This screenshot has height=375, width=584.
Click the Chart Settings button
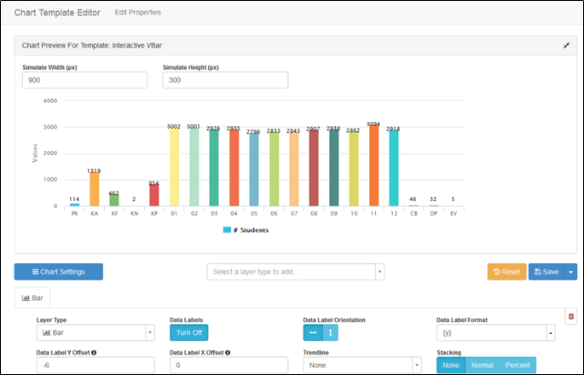[59, 272]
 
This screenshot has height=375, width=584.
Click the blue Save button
[545, 272]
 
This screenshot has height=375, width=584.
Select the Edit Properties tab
[137, 12]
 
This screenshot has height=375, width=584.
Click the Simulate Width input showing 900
[84, 80]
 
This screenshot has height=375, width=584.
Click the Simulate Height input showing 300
[225, 80]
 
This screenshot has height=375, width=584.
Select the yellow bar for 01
[174, 168]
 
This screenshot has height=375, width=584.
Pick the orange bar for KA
[94, 189]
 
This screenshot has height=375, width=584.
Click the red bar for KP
[153, 196]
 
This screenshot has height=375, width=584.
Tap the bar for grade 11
[373, 167]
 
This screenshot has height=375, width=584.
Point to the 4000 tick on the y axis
[50, 101]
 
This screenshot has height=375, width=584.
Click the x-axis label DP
[433, 215]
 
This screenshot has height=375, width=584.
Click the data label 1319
[94, 170]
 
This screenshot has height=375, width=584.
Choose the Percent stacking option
[518, 365]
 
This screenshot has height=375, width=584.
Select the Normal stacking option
[483, 365]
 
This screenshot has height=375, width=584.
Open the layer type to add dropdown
[296, 272]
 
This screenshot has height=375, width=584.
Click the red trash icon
[570, 316]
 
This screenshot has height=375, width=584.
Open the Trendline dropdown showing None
[361, 365]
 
